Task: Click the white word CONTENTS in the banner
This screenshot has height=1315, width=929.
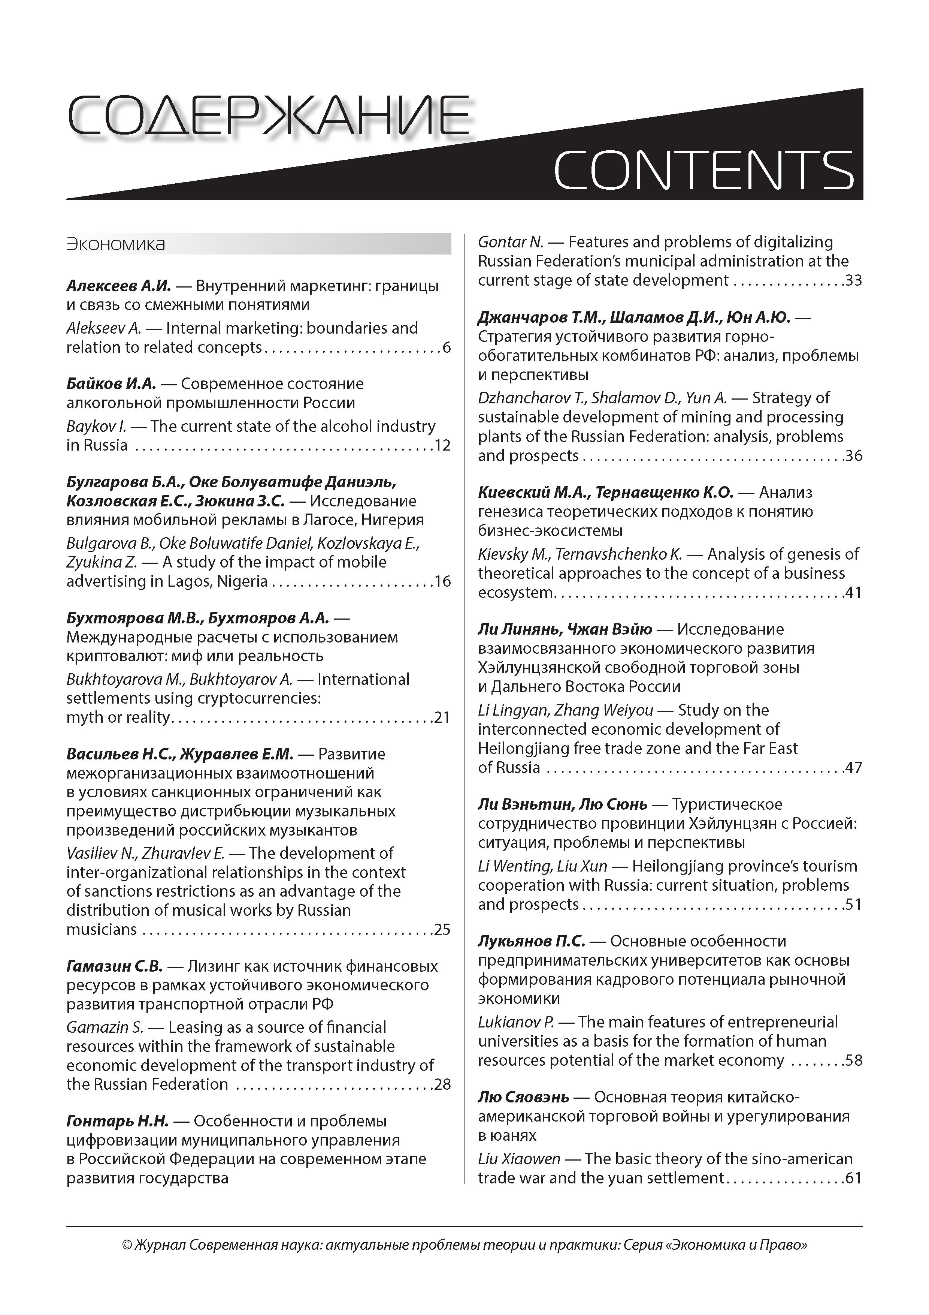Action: point(703,170)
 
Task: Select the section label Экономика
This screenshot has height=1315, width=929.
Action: point(116,244)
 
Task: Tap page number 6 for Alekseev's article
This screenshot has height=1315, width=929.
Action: point(447,347)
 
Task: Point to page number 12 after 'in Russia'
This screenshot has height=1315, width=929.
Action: point(442,446)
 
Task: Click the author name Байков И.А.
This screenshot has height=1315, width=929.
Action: point(111,384)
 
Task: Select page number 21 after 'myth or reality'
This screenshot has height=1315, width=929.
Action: point(442,717)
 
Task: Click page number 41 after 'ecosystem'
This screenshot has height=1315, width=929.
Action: point(853,593)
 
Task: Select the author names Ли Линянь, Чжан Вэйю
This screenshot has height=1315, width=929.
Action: point(565,629)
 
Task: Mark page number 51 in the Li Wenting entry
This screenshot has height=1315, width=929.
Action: point(853,905)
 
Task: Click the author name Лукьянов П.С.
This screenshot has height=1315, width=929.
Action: point(531,941)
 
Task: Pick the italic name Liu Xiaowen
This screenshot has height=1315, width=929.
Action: point(518,1159)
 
